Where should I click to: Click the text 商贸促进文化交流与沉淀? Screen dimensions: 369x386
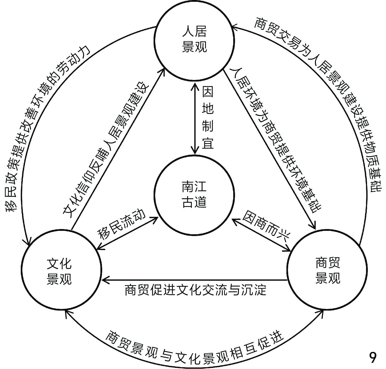[195, 290]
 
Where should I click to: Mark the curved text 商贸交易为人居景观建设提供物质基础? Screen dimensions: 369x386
[335, 93]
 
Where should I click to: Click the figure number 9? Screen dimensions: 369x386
[373, 358]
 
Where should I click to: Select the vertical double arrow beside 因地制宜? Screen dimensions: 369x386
[195, 118]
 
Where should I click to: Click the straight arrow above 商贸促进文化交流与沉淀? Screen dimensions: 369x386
[195, 280]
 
